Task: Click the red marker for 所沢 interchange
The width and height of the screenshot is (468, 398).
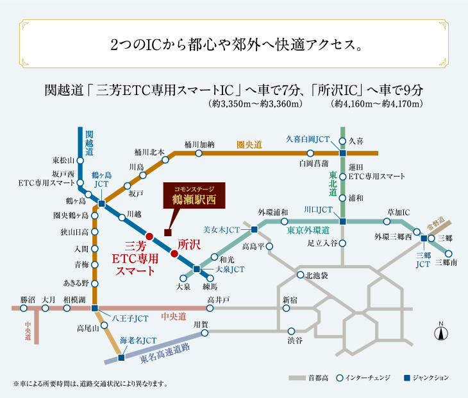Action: (174, 254)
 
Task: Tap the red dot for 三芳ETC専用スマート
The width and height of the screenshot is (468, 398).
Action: (149, 237)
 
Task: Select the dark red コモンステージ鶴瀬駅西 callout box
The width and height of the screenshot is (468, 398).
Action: (194, 195)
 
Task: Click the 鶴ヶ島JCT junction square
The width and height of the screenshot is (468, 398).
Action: (102, 203)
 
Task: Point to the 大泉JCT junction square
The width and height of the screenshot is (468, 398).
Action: (196, 269)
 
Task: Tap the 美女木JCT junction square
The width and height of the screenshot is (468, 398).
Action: (255, 229)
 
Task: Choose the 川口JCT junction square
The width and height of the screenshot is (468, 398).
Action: (342, 221)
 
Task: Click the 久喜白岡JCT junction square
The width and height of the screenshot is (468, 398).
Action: (342, 153)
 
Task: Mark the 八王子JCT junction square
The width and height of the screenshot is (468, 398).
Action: (95, 308)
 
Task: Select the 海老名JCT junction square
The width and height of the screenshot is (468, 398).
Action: (121, 358)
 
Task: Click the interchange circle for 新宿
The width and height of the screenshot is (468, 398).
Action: (286, 308)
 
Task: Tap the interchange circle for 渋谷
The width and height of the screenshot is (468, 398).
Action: (291, 331)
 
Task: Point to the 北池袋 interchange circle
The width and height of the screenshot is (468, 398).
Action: (300, 275)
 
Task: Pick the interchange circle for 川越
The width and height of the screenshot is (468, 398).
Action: (122, 218)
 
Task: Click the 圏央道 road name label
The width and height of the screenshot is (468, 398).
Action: (249, 145)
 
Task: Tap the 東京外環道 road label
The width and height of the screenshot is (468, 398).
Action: (308, 230)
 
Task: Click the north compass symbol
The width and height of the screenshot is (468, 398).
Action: (441, 331)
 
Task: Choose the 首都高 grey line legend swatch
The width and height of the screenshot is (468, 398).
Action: (297, 378)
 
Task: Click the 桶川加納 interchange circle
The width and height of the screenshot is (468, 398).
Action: (199, 153)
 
